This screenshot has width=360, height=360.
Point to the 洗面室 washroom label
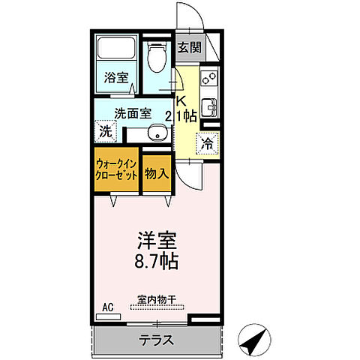pyautogui.click(x=133, y=113)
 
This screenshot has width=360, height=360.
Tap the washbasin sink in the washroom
pyautogui.click(x=154, y=134)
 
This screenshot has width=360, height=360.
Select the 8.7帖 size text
pyautogui.click(x=157, y=262)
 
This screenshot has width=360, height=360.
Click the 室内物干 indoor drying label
pyautogui.click(x=156, y=299)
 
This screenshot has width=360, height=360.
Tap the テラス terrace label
pyautogui.click(x=156, y=340)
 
